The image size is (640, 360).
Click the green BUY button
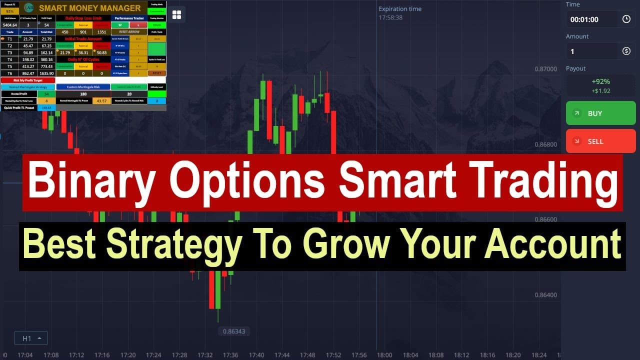pos(600,113)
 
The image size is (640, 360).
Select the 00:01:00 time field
pos(592,19)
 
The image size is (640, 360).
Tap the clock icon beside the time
pos(626,19)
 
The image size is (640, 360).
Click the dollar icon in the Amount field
pos(626,51)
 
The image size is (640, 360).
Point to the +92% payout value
pos(600,81)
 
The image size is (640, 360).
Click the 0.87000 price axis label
pos(545,69)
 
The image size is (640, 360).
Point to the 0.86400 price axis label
pos(545,295)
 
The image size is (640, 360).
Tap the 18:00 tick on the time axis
pos(384,355)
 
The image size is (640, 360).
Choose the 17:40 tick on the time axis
pos(256,355)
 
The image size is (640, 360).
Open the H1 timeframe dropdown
pos(31,338)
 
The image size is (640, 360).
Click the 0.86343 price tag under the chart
pos(234,331)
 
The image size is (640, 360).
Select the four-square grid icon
pos(176,15)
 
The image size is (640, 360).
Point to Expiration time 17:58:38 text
pos(399,13)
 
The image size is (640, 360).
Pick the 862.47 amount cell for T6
pos(28,73)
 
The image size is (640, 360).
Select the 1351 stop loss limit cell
pos(101,31)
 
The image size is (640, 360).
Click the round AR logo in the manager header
pos(29,8)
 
